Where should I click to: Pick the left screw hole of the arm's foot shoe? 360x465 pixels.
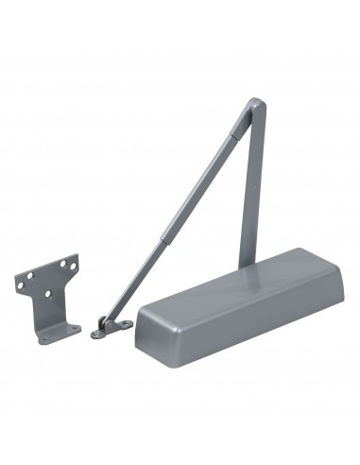pos(96,332)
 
